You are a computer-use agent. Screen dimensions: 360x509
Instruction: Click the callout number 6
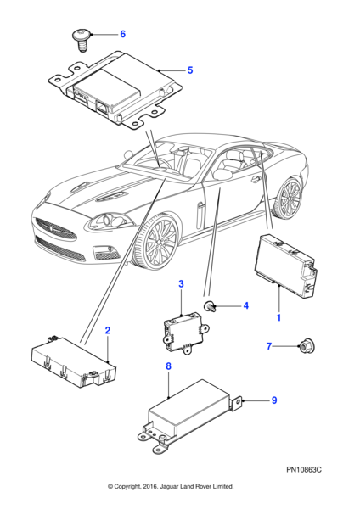click(x=123, y=34)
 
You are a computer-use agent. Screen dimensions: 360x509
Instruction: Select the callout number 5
click(x=190, y=70)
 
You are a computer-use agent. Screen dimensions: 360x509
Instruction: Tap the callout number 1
click(x=278, y=317)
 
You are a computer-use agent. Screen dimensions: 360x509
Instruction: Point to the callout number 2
click(x=108, y=331)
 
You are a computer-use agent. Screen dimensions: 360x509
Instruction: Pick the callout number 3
click(x=181, y=283)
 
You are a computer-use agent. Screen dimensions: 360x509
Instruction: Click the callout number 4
click(x=246, y=305)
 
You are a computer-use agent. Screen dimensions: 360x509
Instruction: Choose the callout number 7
click(x=269, y=346)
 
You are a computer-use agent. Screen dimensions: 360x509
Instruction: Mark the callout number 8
click(x=168, y=366)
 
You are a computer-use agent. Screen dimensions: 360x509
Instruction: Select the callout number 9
click(x=274, y=400)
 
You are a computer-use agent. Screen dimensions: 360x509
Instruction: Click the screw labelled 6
click(x=82, y=40)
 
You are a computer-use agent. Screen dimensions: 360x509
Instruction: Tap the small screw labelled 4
click(x=209, y=306)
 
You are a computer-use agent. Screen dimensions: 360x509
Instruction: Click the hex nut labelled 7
click(x=307, y=347)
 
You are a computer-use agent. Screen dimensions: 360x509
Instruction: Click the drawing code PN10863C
click(x=304, y=470)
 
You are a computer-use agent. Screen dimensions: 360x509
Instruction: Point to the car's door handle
click(x=256, y=179)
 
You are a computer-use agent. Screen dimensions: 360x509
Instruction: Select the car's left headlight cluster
click(x=108, y=221)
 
